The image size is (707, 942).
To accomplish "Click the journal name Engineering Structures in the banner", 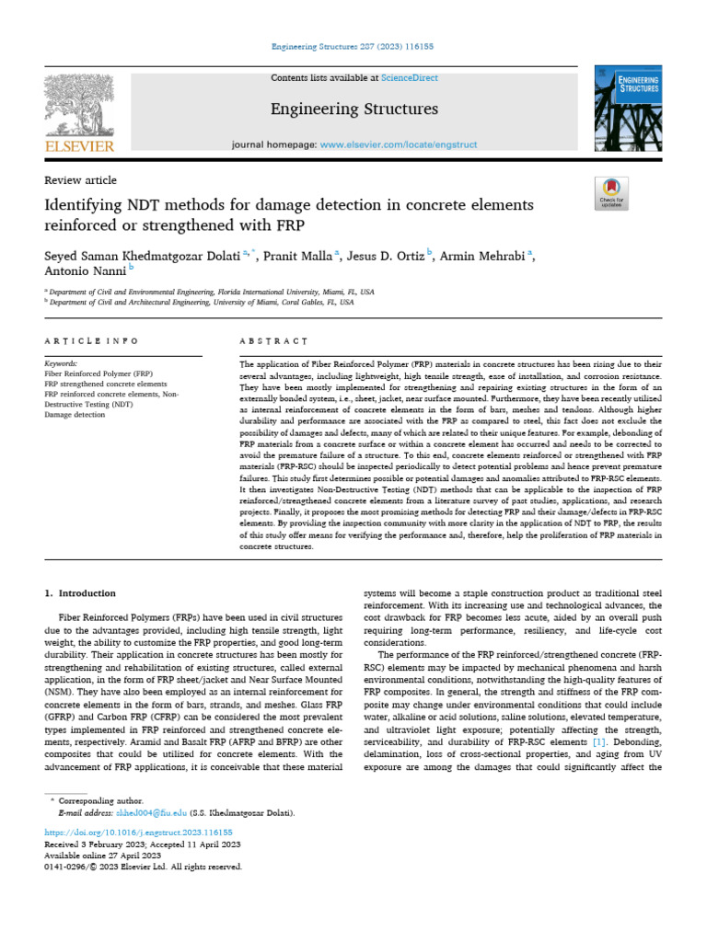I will (353, 109).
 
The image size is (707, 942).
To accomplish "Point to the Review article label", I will (81, 180).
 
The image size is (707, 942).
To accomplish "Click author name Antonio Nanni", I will (84, 271).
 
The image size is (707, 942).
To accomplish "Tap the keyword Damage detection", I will (75, 415).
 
